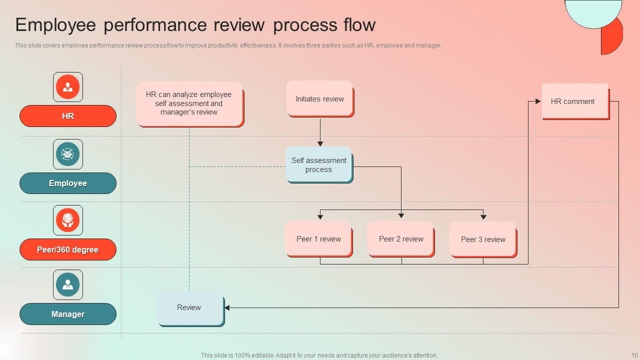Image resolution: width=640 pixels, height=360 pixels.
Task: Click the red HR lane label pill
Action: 68,116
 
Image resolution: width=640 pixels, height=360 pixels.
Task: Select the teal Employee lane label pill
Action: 68,183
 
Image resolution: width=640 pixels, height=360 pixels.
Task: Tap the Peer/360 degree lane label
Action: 68,249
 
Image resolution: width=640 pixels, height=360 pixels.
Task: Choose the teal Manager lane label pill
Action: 68,314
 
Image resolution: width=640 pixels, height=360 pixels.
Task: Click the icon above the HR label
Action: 68,87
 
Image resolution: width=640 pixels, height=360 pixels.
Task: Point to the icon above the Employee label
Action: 68,154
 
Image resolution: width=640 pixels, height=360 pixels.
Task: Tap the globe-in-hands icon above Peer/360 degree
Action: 68,220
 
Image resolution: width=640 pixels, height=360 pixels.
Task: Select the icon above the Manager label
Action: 68,284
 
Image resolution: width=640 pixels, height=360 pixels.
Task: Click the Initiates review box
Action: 320,99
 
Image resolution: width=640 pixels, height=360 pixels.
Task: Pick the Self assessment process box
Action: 319,164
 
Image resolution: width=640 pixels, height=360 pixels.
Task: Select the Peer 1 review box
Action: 318,239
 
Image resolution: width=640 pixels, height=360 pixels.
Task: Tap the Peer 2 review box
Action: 401,239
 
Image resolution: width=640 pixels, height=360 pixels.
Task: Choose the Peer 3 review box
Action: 483,239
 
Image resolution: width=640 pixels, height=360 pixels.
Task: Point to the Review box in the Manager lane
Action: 190,307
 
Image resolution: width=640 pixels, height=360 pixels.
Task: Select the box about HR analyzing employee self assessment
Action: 189,103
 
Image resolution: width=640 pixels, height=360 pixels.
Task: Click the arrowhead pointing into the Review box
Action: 227,307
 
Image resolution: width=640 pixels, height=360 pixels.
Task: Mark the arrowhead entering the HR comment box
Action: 538,101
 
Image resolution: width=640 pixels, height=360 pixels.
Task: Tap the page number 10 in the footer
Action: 634,355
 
